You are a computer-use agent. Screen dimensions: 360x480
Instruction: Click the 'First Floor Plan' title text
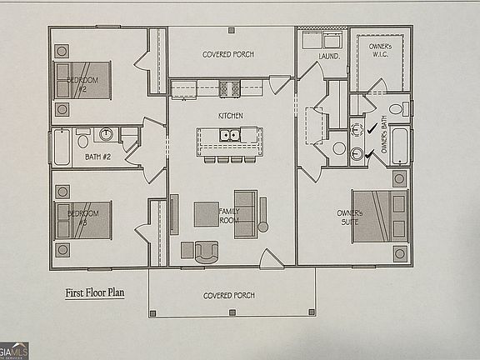[95, 293]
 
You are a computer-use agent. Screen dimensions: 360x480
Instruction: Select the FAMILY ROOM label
[229, 217]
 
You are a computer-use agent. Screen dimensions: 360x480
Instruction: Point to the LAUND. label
[329, 57]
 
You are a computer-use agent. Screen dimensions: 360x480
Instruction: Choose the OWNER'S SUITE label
[350, 217]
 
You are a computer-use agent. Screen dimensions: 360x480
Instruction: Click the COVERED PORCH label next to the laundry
[227, 55]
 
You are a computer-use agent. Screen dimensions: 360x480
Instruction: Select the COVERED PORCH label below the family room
[228, 296]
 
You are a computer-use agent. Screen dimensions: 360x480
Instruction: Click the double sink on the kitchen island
[230, 135]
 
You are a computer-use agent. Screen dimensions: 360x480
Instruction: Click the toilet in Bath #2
[83, 141]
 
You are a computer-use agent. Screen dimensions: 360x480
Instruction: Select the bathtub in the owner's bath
[400, 146]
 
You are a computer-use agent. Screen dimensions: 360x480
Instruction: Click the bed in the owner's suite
[377, 216]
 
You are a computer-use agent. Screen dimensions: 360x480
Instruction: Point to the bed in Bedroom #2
[84, 80]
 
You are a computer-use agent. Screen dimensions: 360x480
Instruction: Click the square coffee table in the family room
[207, 214]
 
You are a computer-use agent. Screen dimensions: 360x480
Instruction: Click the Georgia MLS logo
[14, 351]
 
